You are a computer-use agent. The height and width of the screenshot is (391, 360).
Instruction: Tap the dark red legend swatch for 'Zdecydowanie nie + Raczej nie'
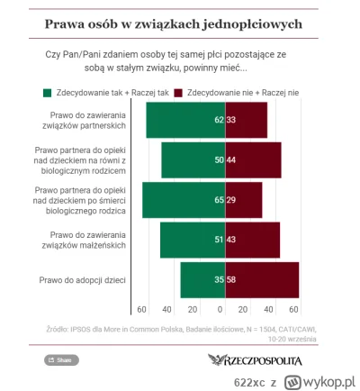178,93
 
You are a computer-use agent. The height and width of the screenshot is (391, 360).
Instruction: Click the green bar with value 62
185,119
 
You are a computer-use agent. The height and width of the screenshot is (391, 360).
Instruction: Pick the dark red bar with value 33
246,119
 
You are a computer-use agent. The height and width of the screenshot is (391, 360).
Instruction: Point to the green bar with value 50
193,159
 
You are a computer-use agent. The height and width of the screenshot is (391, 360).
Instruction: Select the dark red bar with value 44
253,159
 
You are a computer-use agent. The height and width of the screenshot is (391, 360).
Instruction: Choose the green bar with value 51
193,240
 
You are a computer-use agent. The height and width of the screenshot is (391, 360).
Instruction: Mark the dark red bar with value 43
252,240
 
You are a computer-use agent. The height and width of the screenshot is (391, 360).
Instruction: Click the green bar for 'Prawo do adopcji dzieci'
202,280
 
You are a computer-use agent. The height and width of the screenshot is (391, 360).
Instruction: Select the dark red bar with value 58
261,280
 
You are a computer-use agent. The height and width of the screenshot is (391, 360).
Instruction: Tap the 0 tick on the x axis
224,310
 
